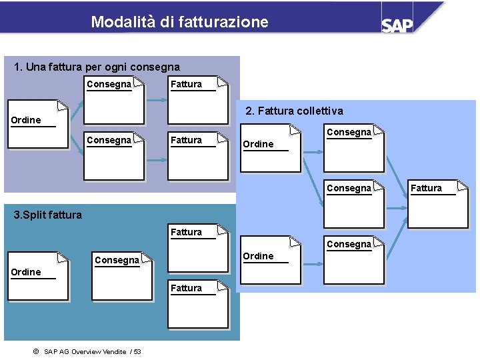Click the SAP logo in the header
pos(397,25)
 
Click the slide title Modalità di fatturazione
pos(179,22)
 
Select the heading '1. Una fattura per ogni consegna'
pos(97,67)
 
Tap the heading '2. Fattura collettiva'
pos(295,110)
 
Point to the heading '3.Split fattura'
pos(48,215)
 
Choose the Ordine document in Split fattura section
pos(37,276)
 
